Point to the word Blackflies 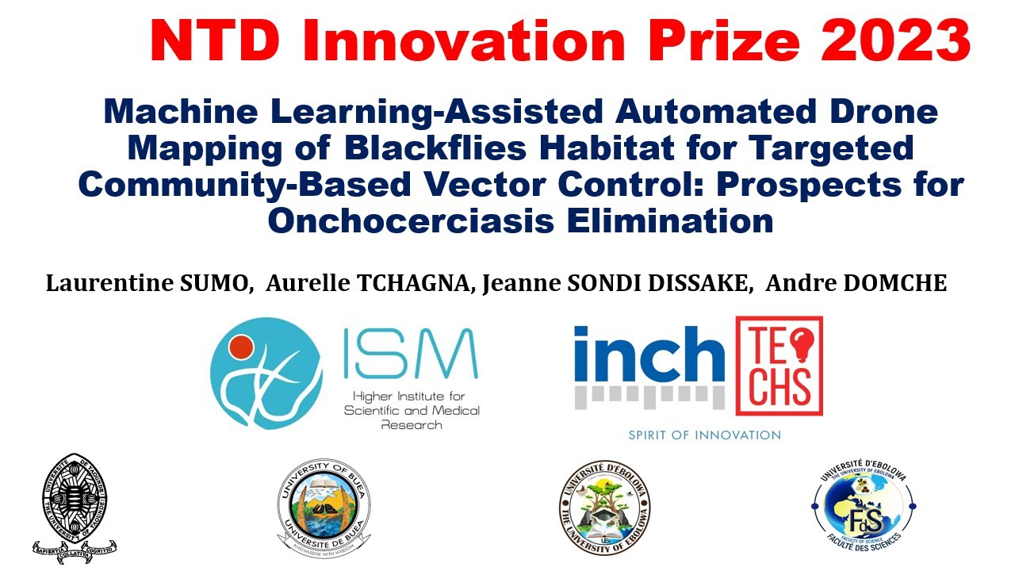click(455, 148)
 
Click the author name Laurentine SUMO click(148, 283)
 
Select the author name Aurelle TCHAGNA click(368, 283)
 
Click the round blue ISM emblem click(266, 373)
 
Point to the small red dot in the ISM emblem click(240, 346)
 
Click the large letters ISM click(411, 355)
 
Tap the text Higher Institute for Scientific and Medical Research click(411, 410)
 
